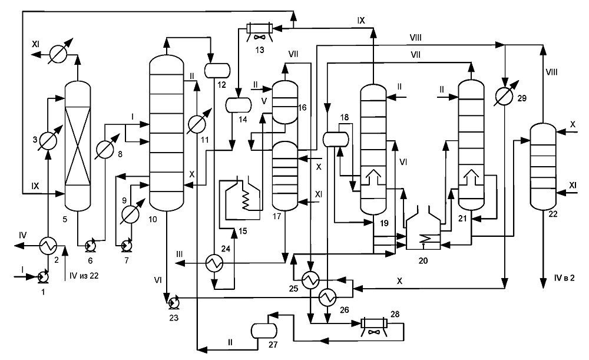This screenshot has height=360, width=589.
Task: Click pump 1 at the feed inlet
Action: point(43,276)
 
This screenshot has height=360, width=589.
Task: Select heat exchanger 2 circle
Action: point(48,246)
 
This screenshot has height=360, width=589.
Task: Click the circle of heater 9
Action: point(130,214)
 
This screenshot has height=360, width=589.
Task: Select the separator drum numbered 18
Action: point(336,140)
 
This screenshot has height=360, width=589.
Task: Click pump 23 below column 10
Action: point(174,302)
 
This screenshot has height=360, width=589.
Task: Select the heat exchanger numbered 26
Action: point(327,297)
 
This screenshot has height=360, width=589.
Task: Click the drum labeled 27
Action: point(264,331)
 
